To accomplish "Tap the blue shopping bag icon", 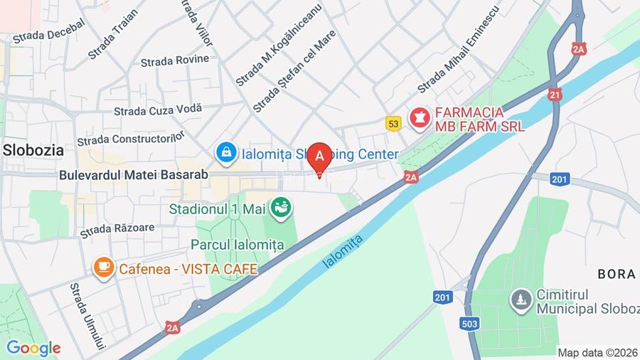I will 226,152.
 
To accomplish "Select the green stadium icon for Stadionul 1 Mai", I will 283,208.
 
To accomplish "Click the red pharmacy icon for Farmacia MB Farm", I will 420,119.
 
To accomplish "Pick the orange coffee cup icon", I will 104,268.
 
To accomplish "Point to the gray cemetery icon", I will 523,300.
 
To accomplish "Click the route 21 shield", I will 555,94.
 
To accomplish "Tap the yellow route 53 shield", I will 393,124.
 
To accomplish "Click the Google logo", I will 33,348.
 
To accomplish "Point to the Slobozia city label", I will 33,150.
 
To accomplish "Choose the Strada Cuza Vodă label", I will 158,110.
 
